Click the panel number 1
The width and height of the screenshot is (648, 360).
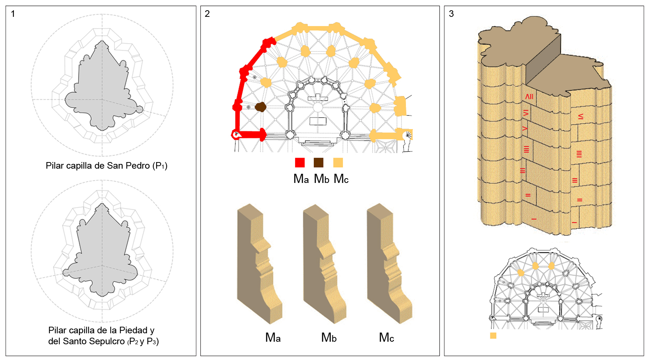13,14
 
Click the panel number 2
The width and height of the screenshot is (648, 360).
207,14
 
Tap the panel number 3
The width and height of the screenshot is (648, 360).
451,14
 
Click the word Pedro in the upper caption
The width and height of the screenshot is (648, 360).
138,166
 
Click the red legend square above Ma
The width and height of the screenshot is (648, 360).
300,162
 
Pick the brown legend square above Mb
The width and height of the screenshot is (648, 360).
319,162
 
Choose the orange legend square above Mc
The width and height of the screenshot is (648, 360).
338,162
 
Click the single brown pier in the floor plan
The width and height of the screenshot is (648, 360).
260,107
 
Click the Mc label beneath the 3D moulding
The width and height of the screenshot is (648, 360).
387,338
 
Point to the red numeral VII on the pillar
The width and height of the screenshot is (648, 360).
529,97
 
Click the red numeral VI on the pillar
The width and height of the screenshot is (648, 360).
526,113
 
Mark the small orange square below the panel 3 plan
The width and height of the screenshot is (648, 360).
493,335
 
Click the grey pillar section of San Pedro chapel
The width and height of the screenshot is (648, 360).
103,88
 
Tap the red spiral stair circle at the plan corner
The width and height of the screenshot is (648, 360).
236,135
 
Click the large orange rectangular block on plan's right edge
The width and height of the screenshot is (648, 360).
400,106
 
